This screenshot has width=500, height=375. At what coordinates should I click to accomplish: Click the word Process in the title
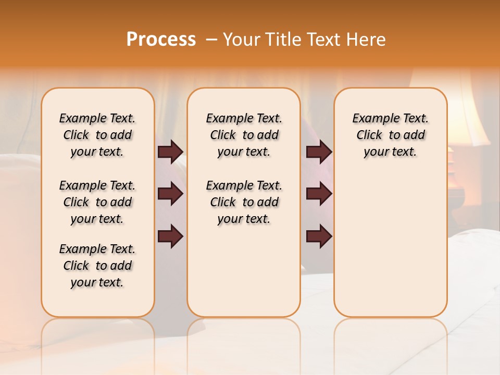click(161, 40)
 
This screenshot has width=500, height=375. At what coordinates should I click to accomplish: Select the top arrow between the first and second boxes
click(170, 152)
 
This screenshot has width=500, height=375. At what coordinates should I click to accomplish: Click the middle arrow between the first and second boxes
click(170, 194)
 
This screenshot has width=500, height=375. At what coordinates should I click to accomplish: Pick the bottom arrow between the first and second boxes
click(170, 236)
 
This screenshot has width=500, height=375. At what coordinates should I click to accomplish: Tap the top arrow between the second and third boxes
click(319, 152)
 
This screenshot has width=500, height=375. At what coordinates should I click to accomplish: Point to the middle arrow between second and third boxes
click(319, 194)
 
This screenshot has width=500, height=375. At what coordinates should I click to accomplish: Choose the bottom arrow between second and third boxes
click(319, 236)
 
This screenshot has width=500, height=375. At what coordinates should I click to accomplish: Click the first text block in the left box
click(97, 135)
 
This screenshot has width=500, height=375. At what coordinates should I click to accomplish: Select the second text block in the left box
click(97, 202)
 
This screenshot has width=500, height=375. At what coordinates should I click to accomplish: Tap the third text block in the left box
click(97, 266)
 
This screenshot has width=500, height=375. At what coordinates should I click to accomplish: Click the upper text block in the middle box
click(244, 135)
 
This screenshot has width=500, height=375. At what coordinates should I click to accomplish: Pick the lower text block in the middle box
click(244, 202)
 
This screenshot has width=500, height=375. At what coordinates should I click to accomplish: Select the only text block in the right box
click(390, 135)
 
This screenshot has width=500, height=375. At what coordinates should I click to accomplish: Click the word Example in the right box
click(371, 118)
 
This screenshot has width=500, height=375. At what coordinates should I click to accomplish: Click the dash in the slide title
click(212, 40)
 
